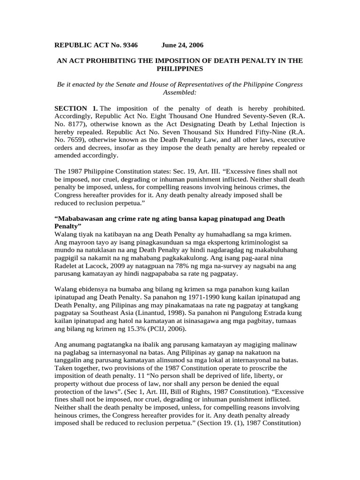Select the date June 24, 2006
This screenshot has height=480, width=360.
183,45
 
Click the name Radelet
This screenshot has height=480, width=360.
68,266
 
